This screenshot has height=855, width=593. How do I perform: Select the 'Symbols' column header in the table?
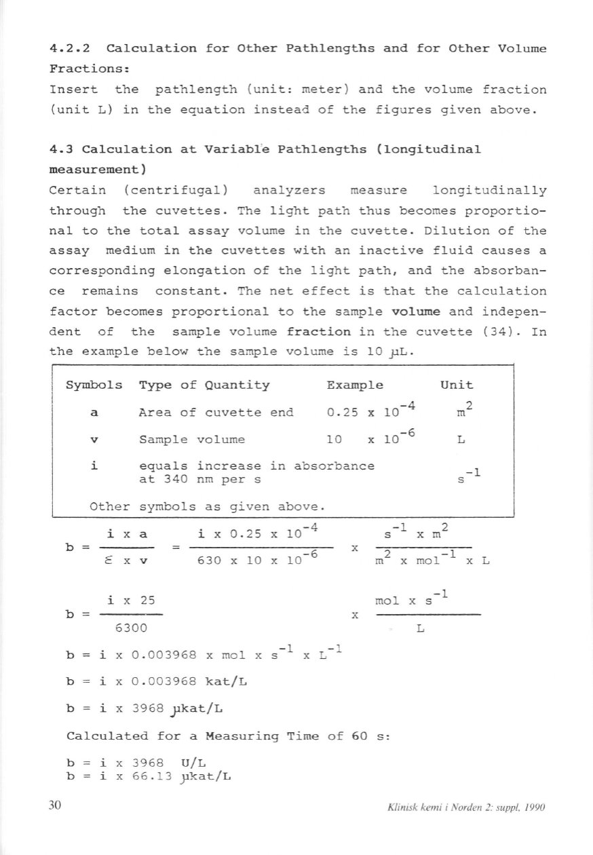[x=94, y=385]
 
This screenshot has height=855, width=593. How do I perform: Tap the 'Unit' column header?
[x=457, y=385]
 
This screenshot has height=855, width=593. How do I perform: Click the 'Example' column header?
[x=355, y=385]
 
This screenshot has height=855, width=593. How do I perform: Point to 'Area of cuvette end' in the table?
[x=216, y=413]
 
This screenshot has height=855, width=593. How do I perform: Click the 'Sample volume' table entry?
[x=191, y=439]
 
